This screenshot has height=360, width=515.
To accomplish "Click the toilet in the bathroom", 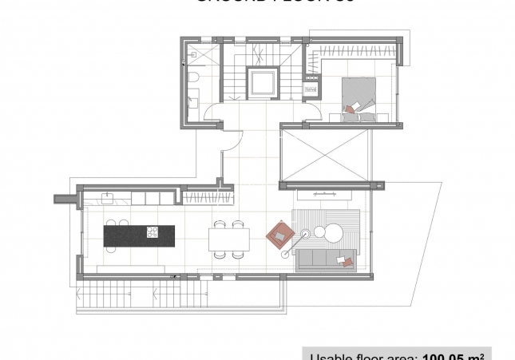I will click(x=194, y=77).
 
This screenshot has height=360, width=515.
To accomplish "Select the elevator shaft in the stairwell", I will click(x=263, y=82).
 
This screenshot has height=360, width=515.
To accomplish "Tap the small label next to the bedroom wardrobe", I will click(x=311, y=90).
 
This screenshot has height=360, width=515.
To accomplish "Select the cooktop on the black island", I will click(x=152, y=232).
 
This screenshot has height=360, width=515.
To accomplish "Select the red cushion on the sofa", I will click(x=346, y=260).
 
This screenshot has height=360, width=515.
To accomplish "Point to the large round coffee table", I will click(x=334, y=233).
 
